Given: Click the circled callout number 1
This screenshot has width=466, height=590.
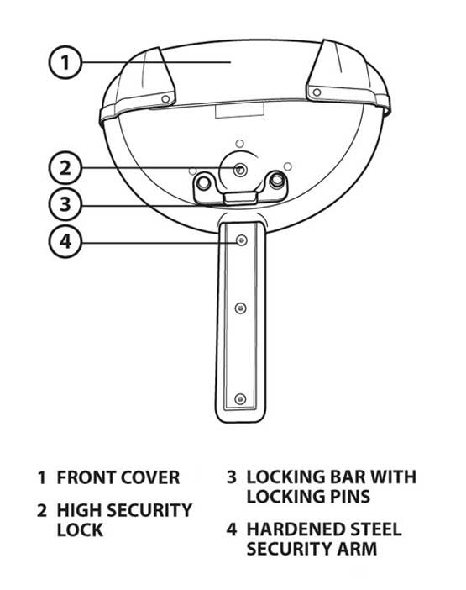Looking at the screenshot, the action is (65, 62).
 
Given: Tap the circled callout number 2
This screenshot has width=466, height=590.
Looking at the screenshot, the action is (65, 168).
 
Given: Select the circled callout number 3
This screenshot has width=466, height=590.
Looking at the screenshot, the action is (65, 204).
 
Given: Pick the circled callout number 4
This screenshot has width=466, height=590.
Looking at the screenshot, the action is (65, 241).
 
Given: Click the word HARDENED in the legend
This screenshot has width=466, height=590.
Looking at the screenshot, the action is (296, 529).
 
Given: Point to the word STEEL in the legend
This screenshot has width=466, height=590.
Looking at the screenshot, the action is (375, 529).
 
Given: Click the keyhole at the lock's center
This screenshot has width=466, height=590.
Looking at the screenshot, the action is (240, 170).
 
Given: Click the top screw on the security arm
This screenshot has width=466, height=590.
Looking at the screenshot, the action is (241, 240).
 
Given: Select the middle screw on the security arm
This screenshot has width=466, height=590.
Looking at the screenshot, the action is (240, 308).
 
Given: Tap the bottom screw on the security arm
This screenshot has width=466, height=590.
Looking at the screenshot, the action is (240, 399).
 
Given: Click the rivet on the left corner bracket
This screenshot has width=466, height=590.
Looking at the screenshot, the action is (165, 99).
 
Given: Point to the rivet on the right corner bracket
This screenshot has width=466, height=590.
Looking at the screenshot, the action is (317, 92).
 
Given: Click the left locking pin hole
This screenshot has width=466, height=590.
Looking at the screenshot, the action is (203, 183).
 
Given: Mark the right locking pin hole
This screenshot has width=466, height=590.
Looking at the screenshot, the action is (277, 179).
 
